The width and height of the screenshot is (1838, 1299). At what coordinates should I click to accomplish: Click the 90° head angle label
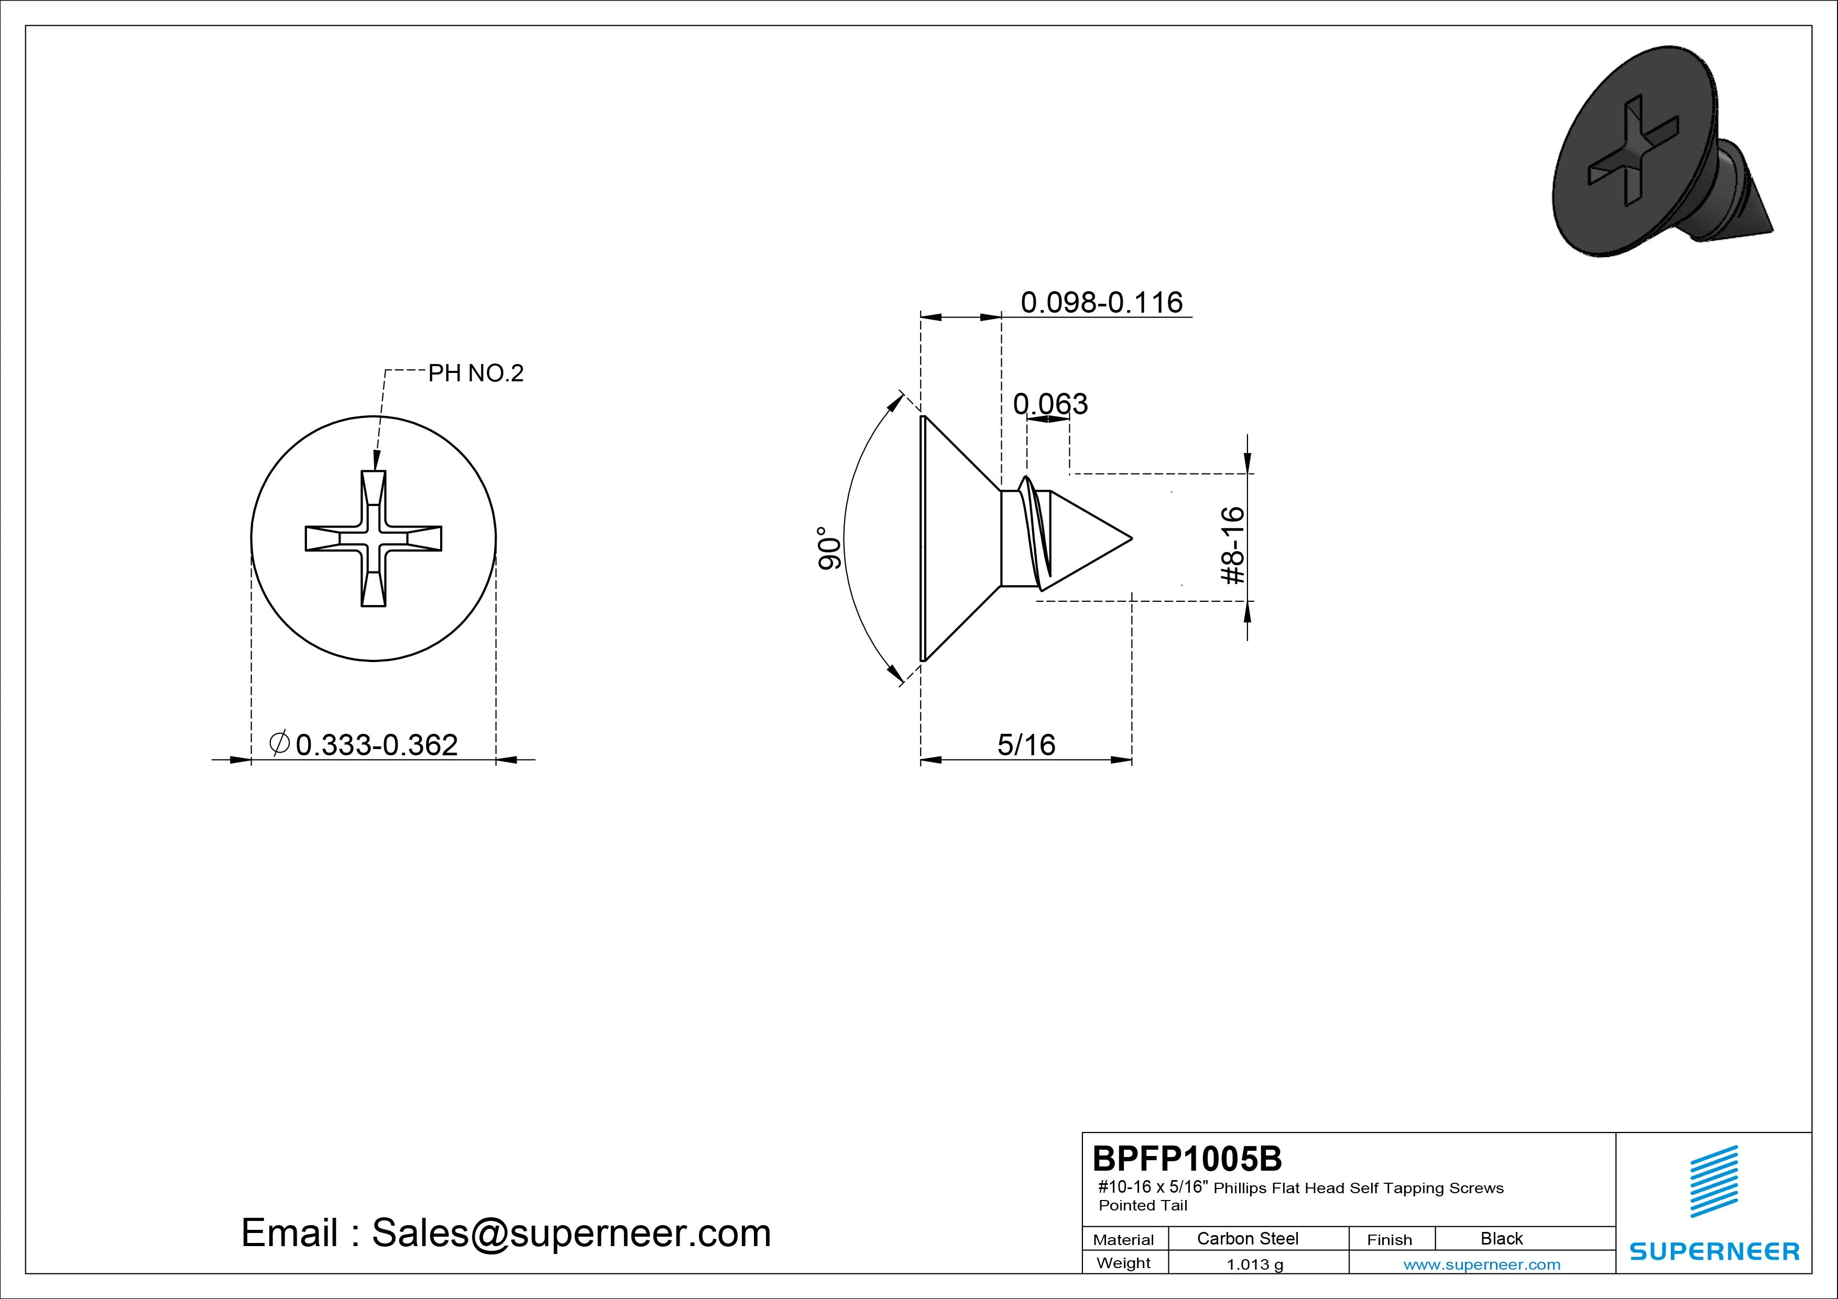click(x=829, y=548)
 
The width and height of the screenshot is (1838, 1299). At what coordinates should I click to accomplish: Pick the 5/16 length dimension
click(x=1026, y=745)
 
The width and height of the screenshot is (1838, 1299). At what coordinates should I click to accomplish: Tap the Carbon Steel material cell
click(x=1247, y=1238)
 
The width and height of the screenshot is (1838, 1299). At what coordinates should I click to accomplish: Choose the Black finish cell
click(x=1501, y=1238)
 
